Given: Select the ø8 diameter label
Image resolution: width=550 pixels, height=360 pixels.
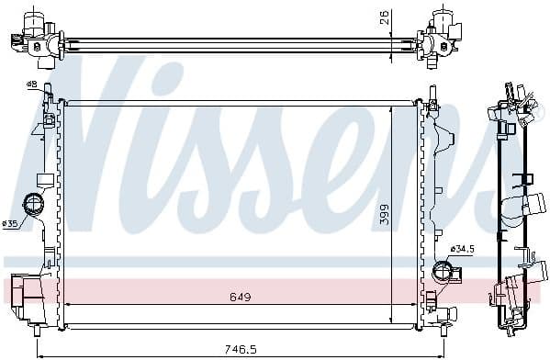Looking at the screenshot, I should click(31, 84).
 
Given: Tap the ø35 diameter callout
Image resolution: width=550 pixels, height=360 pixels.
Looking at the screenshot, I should click(10, 223).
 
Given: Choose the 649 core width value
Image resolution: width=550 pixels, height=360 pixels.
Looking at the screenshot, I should click(241, 297).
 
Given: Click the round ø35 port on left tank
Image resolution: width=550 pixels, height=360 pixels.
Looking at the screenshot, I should click(35, 204).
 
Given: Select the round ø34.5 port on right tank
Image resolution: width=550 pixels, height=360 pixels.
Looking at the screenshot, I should click(440, 271).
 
